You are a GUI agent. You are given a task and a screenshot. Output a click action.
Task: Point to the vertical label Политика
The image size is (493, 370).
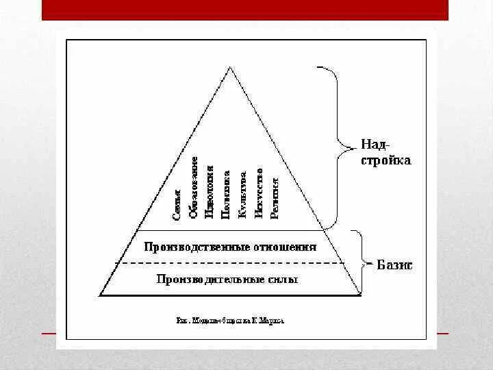(x=227, y=195)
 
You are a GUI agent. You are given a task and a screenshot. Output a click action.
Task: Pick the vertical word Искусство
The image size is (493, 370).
(x=259, y=193)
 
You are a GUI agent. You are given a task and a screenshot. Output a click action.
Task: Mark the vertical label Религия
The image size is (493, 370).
(x=275, y=197)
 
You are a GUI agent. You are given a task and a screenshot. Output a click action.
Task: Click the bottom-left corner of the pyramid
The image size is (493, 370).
(x=100, y=295)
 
